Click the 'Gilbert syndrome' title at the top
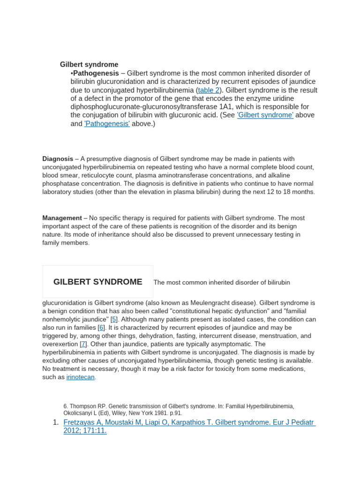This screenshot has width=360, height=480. pos(89,64)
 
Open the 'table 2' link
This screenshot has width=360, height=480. pos(208,90)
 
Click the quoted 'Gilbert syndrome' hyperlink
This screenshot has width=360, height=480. pos(265,115)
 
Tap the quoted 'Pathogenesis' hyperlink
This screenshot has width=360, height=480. pos(107,124)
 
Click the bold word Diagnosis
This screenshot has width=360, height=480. pos(58,159)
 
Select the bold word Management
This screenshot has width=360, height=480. pos(62,218)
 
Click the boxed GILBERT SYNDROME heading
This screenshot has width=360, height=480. pos(97,282)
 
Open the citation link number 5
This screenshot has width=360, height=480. pos(114,319)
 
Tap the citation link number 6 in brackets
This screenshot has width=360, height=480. pos(101,328)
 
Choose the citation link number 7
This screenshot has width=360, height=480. pos(83,344)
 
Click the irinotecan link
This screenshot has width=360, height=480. pos(81,377)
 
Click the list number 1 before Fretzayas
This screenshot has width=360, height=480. pos(55,422)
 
